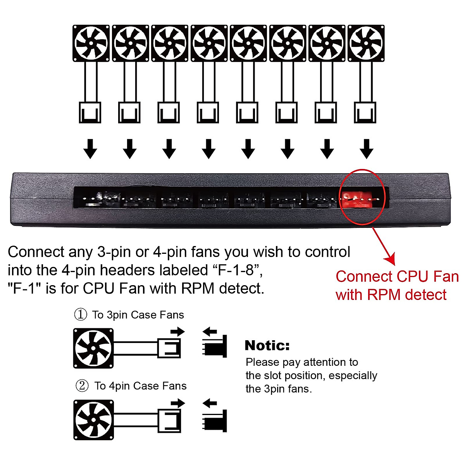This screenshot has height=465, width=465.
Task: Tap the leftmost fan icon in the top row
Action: pos(91,43)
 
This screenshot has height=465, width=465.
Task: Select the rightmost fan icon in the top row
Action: pos(366,43)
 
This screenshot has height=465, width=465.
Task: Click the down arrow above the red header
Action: pos(366,149)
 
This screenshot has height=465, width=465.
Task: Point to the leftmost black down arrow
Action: pos(90,149)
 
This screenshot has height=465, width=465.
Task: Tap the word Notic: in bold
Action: pos(267,345)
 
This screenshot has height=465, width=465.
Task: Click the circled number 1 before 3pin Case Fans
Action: pos(81,314)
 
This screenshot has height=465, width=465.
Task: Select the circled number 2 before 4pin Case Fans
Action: pos(82,386)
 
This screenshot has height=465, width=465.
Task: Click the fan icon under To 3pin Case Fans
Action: pos(93,348)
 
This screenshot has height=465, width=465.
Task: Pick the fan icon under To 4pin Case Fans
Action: pos(93,420)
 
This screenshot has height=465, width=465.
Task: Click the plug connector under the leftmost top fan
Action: pos(90,112)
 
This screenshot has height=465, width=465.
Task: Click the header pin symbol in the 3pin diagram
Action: pos(215,346)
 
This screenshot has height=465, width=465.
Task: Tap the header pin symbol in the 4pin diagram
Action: pos(215,420)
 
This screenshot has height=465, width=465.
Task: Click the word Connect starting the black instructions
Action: pos(36,252)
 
